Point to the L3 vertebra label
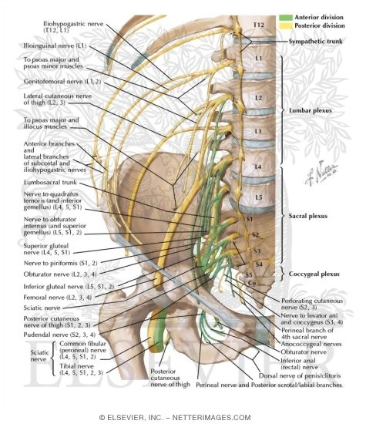click(x=258, y=131)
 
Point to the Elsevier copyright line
click(x=183, y=417)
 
